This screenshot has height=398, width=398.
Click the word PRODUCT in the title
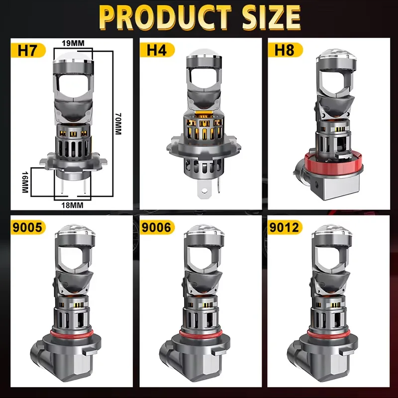coord(165,17)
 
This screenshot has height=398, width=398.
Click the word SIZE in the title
coord(271,17)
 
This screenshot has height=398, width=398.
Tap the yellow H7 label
coord(28,50)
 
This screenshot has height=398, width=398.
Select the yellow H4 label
coord(157,50)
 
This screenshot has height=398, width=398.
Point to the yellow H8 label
coord(285,50)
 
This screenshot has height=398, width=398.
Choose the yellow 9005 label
coord(28,227)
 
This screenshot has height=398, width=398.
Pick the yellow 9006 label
coord(157,227)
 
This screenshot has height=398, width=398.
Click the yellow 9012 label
coord(285,227)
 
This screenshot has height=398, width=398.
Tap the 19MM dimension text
coord(73,43)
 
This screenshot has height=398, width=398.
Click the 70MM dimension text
coord(118,124)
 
